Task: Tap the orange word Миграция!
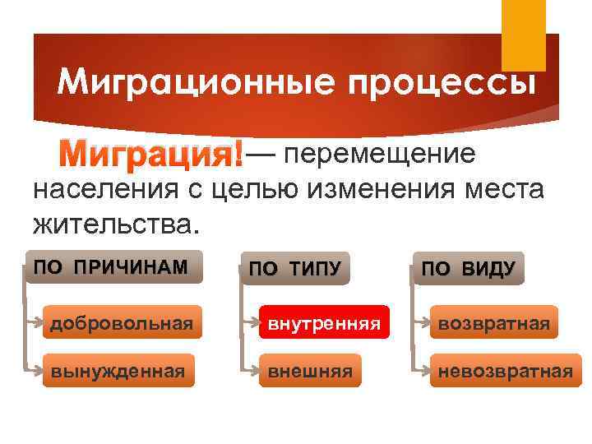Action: (x=154, y=154)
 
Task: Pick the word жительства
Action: (x=115, y=222)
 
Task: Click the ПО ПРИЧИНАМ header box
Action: (x=113, y=266)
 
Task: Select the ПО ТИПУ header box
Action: (x=294, y=267)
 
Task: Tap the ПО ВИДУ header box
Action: (x=468, y=267)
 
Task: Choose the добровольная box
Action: (x=122, y=324)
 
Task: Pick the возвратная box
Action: (x=493, y=324)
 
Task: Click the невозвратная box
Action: (x=505, y=371)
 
